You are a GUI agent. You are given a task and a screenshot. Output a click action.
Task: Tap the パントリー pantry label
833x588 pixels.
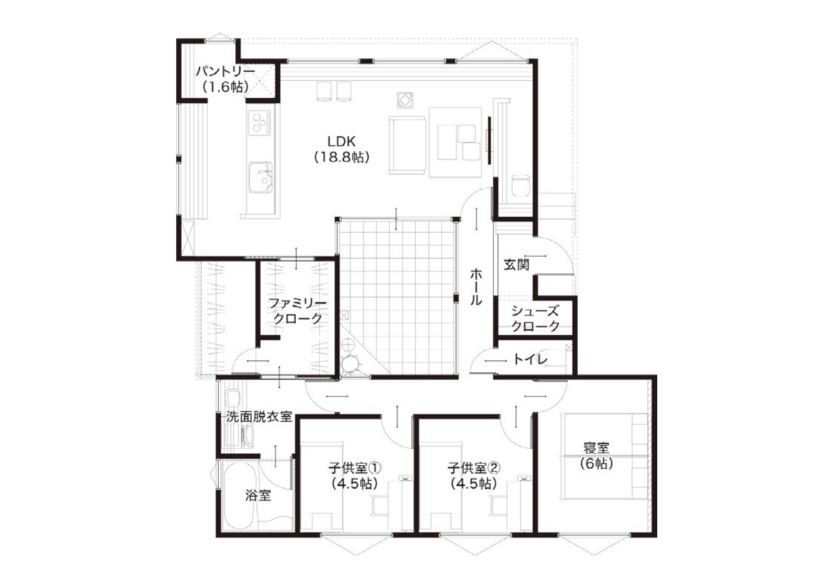[x=225, y=71]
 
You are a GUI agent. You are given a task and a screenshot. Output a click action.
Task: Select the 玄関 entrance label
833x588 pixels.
[x=517, y=265]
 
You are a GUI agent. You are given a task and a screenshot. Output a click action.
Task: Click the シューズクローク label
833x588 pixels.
[x=535, y=318]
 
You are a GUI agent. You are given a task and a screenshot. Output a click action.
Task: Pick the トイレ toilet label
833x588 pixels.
[x=530, y=359]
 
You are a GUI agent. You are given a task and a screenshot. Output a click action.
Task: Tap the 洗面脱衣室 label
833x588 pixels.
[x=259, y=417]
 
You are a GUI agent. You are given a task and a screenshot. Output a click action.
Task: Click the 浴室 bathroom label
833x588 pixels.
[x=258, y=495]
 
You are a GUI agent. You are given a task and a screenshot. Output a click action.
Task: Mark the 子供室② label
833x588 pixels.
[x=474, y=468]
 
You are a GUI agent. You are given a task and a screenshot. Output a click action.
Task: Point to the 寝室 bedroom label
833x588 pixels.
[x=596, y=448]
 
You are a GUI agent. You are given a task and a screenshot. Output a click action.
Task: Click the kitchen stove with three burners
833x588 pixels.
[x=259, y=122]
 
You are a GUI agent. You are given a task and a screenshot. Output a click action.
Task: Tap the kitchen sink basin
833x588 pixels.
[x=260, y=177]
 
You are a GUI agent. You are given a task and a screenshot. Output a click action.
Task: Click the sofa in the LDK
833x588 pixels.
[x=407, y=144]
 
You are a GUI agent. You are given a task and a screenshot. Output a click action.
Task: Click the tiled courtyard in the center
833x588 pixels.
[x=397, y=297]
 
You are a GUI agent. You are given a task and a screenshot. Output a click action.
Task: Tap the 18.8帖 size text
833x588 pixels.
[x=342, y=158]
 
